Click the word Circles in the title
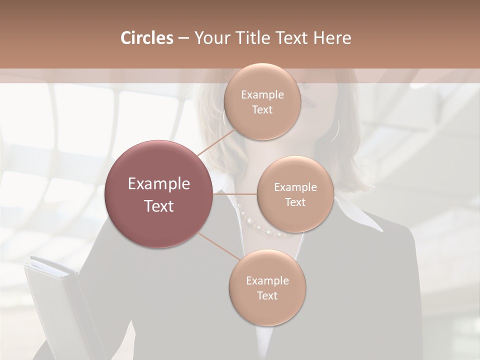coord(146,38)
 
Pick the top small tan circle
coord(262,102)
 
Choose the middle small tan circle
coord(295,194)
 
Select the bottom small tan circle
coord(267,288)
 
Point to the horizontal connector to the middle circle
coord(235,194)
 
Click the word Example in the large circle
coord(159,183)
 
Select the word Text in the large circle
coord(159,206)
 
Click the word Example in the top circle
coord(262,95)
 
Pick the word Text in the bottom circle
coord(267,295)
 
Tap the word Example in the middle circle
coord(295,187)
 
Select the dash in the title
coord(183,38)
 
